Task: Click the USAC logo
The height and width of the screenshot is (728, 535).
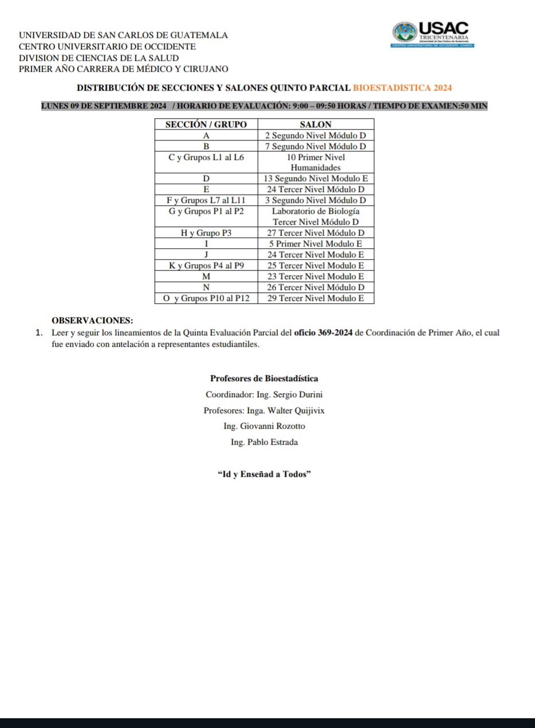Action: click(x=433, y=34)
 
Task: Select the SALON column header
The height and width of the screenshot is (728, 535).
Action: click(x=316, y=124)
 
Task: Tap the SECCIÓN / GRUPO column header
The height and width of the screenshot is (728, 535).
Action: click(x=206, y=124)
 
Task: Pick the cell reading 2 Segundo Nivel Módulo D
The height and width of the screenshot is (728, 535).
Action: click(x=316, y=136)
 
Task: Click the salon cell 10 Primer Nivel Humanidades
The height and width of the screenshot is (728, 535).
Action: click(x=316, y=162)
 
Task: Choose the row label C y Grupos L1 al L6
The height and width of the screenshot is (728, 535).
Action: click(x=206, y=158)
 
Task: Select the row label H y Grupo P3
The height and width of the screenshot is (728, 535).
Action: click(x=206, y=233)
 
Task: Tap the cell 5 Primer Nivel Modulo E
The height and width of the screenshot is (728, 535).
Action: click(x=316, y=244)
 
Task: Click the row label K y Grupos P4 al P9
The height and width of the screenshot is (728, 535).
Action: click(x=206, y=266)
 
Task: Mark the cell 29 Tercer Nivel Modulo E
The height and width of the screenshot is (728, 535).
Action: click(x=316, y=299)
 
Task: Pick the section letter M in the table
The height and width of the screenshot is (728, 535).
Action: click(x=206, y=277)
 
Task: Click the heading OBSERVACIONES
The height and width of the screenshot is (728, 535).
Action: click(x=92, y=320)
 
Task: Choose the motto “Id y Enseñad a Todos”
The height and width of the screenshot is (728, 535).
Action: click(x=264, y=474)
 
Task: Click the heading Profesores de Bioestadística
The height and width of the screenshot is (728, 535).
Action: click(x=264, y=378)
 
